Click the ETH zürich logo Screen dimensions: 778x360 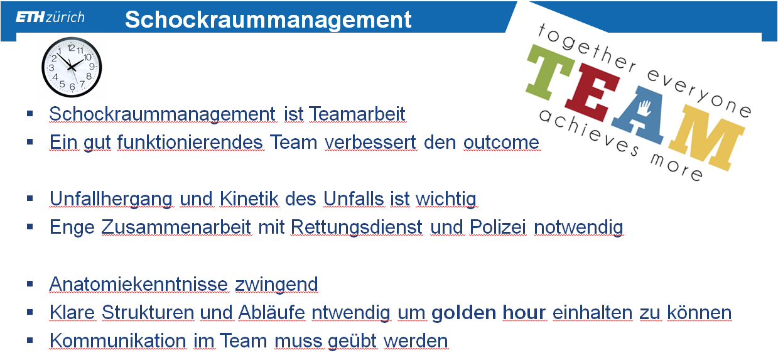tap(50, 17)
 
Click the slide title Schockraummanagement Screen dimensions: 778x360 tap(268, 19)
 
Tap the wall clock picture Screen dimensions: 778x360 tap(72, 67)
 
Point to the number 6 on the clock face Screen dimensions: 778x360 tap(72, 87)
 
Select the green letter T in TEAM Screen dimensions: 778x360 tap(550, 72)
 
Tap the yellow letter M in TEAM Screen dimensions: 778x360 tap(707, 138)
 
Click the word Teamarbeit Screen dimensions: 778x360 tap(357, 114)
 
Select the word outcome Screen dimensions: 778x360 tap(501, 143)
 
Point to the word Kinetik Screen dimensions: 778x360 tap(249, 199)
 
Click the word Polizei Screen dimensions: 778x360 tap(497, 227)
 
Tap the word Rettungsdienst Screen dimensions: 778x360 tap(357, 228)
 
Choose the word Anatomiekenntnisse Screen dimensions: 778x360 tap(138, 284)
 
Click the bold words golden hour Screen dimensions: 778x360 tap(489, 313)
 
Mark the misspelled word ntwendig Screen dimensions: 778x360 tap(351, 313)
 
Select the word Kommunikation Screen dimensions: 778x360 tap(118, 341)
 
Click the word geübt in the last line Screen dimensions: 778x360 tap(352, 341)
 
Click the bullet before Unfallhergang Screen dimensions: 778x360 tap(30, 199)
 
